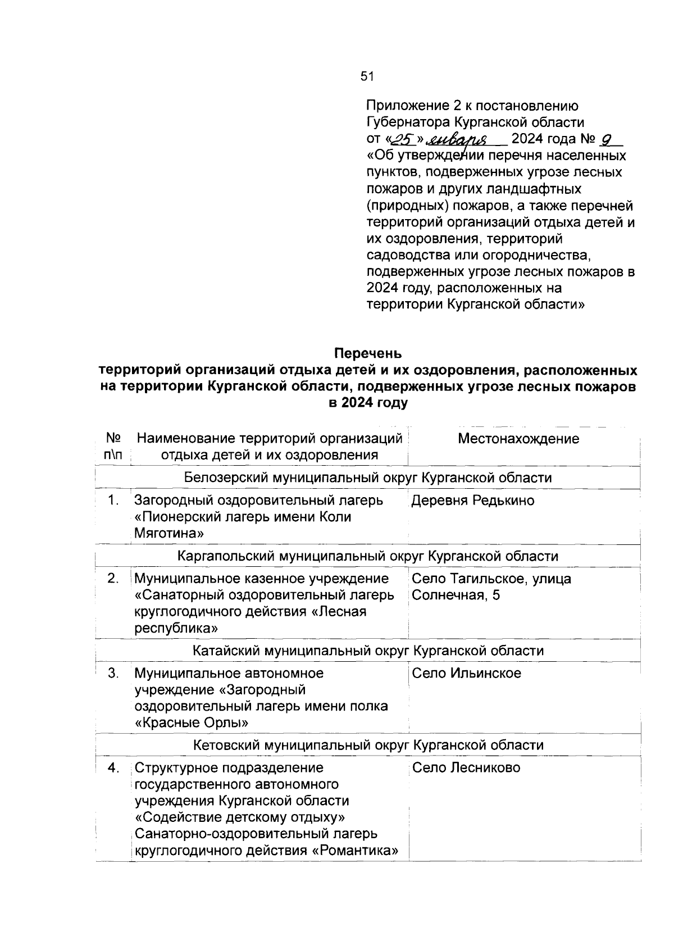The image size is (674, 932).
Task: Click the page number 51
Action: click(367, 76)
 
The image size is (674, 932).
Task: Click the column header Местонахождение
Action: click(518, 439)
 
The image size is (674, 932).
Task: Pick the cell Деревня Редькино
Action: click(473, 500)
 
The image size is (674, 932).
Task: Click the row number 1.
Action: click(113, 500)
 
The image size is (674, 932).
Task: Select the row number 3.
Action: click(113, 673)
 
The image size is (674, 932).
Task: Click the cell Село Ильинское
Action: click(466, 673)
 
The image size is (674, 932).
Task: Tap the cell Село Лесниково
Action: click(466, 767)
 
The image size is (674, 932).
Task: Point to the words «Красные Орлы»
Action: click(192, 722)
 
